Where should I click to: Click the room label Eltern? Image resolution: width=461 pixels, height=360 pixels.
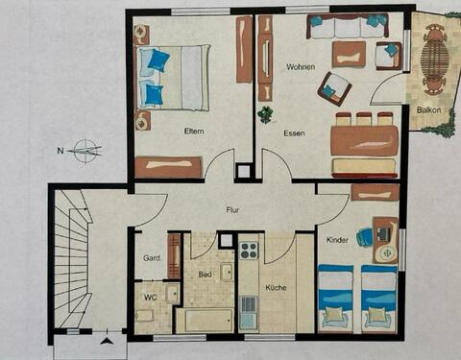[194, 132]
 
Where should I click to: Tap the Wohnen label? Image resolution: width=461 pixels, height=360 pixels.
[301, 67]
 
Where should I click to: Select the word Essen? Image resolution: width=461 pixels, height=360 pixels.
[294, 133]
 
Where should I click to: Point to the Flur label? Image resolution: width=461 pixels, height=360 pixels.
[232, 210]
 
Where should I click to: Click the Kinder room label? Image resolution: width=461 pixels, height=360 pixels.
[337, 240]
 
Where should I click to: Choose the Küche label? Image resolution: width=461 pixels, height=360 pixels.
[276, 287]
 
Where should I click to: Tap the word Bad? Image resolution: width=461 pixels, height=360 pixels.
[205, 275]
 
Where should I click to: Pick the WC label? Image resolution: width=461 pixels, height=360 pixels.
[150, 298]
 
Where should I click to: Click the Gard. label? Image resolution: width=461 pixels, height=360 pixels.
[152, 258]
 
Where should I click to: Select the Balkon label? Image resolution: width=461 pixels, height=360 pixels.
[428, 110]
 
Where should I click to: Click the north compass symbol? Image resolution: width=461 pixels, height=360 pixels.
[86, 151]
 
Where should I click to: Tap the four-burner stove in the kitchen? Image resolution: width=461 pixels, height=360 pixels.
[250, 251]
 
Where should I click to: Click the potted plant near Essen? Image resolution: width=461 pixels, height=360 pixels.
[266, 114]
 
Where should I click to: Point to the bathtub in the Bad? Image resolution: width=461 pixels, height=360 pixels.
[205, 320]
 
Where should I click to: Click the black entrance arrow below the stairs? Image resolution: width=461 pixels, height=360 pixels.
[107, 341]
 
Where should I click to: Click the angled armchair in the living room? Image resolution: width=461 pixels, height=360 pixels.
[334, 89]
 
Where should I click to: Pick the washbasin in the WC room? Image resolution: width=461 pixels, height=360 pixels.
[173, 293]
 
